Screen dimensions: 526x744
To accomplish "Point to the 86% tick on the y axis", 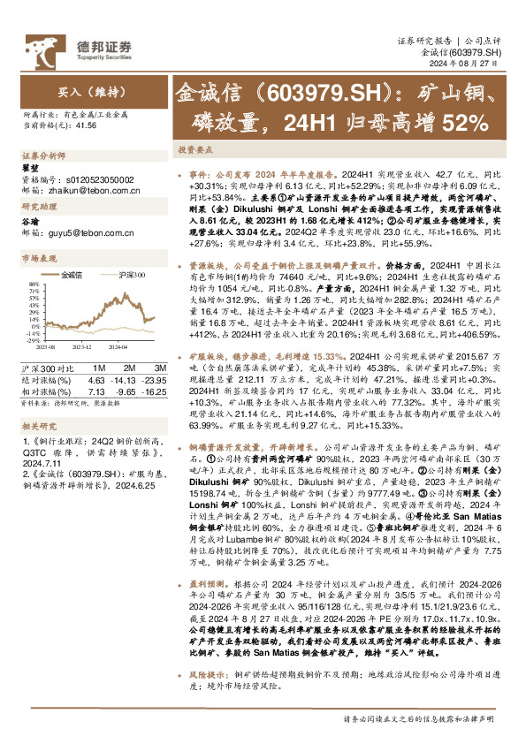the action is (x=33, y=285).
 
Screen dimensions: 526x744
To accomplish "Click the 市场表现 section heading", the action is (x=36, y=259).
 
